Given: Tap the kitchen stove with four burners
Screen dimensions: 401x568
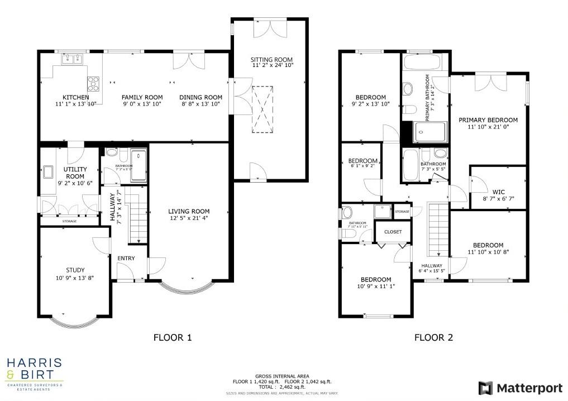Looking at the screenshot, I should point(93,84).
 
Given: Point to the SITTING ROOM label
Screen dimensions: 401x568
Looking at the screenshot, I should point(271,60).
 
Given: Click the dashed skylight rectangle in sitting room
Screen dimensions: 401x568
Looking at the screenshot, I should point(261,109).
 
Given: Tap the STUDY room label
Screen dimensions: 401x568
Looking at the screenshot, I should point(75,270).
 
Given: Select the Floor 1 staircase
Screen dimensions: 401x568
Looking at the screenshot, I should point(134,215).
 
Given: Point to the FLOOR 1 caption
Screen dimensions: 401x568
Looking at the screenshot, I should point(173,337).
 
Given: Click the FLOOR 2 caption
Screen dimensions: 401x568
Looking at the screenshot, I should point(433,337).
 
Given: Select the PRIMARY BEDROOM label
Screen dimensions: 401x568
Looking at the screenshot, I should point(488,120).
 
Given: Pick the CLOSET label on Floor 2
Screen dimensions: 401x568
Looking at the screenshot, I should point(393,231).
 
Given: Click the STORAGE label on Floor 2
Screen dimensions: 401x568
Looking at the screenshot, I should point(402,212).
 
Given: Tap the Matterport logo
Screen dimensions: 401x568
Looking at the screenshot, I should point(516,388).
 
